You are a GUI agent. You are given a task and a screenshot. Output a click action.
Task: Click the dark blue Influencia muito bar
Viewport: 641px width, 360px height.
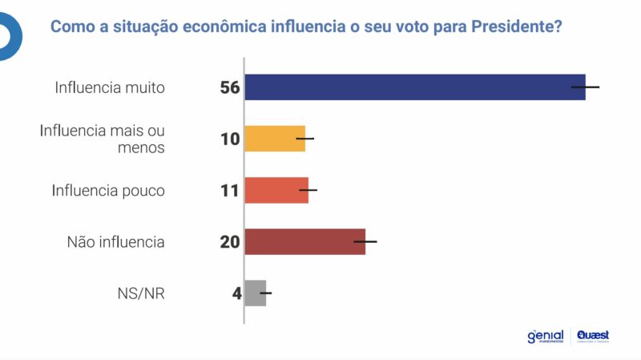[414, 87]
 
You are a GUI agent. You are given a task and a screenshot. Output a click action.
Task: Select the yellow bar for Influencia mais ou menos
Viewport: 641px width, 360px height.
[274, 139]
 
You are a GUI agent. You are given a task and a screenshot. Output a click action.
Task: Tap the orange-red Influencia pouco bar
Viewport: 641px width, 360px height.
[276, 190]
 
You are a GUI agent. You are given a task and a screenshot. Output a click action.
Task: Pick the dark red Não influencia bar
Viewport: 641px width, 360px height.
[304, 241]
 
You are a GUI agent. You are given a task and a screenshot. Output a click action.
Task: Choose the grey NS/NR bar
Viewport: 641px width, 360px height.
[255, 293]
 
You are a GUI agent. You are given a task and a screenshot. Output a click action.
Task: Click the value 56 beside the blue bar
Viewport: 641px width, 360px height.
[230, 87]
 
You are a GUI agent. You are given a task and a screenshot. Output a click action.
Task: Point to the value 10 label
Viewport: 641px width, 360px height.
[230, 139]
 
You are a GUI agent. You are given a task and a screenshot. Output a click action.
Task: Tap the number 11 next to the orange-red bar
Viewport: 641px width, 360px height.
[230, 190]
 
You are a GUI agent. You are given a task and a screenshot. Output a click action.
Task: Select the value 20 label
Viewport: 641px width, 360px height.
[230, 241]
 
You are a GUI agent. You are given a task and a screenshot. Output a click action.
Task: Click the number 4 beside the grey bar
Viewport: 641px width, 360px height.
[236, 293]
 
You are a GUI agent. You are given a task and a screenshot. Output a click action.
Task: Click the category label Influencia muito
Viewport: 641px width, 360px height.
[110, 87]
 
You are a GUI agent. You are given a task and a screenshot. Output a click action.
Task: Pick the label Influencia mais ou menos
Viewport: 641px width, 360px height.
[102, 139]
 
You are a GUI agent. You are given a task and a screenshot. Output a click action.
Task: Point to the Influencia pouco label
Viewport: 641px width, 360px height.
[108, 190]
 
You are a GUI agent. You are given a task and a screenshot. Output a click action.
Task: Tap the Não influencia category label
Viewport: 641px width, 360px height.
[116, 241]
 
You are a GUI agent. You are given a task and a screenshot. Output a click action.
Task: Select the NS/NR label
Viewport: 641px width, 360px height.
[141, 293]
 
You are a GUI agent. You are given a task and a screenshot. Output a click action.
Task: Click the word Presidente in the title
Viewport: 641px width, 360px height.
[513, 26]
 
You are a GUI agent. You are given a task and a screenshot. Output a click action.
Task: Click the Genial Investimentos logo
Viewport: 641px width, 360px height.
[545, 336]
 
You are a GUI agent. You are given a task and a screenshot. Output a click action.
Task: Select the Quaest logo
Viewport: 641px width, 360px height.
[593, 336]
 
